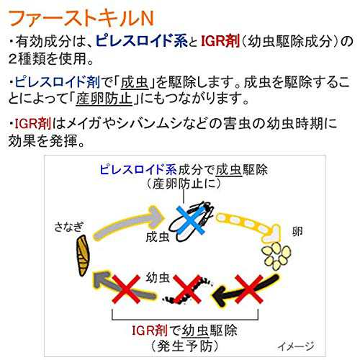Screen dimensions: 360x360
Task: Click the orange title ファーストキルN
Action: click(81, 19)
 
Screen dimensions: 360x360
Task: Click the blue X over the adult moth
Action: click(191, 220)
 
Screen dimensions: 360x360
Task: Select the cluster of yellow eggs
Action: click(276, 255)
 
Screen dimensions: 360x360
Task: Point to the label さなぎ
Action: click(68, 227)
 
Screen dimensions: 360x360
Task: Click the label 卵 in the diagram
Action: click(297, 231)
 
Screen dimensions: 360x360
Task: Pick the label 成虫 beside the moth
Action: click(158, 237)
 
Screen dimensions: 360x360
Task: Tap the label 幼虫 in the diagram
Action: click(158, 278)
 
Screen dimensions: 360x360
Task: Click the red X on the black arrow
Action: click(249, 289)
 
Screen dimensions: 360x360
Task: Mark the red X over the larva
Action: click(187, 289)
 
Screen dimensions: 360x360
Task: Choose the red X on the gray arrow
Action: click(126, 289)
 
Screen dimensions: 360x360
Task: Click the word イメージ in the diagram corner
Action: click(296, 346)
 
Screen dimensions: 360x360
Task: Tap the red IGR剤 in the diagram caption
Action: click(150, 330)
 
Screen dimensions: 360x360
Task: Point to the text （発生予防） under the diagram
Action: click(185, 346)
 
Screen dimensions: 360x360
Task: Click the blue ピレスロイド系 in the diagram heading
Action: click(138, 170)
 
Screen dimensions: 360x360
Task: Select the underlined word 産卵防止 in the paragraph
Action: click(104, 99)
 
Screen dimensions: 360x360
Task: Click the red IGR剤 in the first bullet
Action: click(220, 41)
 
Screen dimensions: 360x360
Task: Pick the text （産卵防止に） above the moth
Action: click(184, 184)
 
